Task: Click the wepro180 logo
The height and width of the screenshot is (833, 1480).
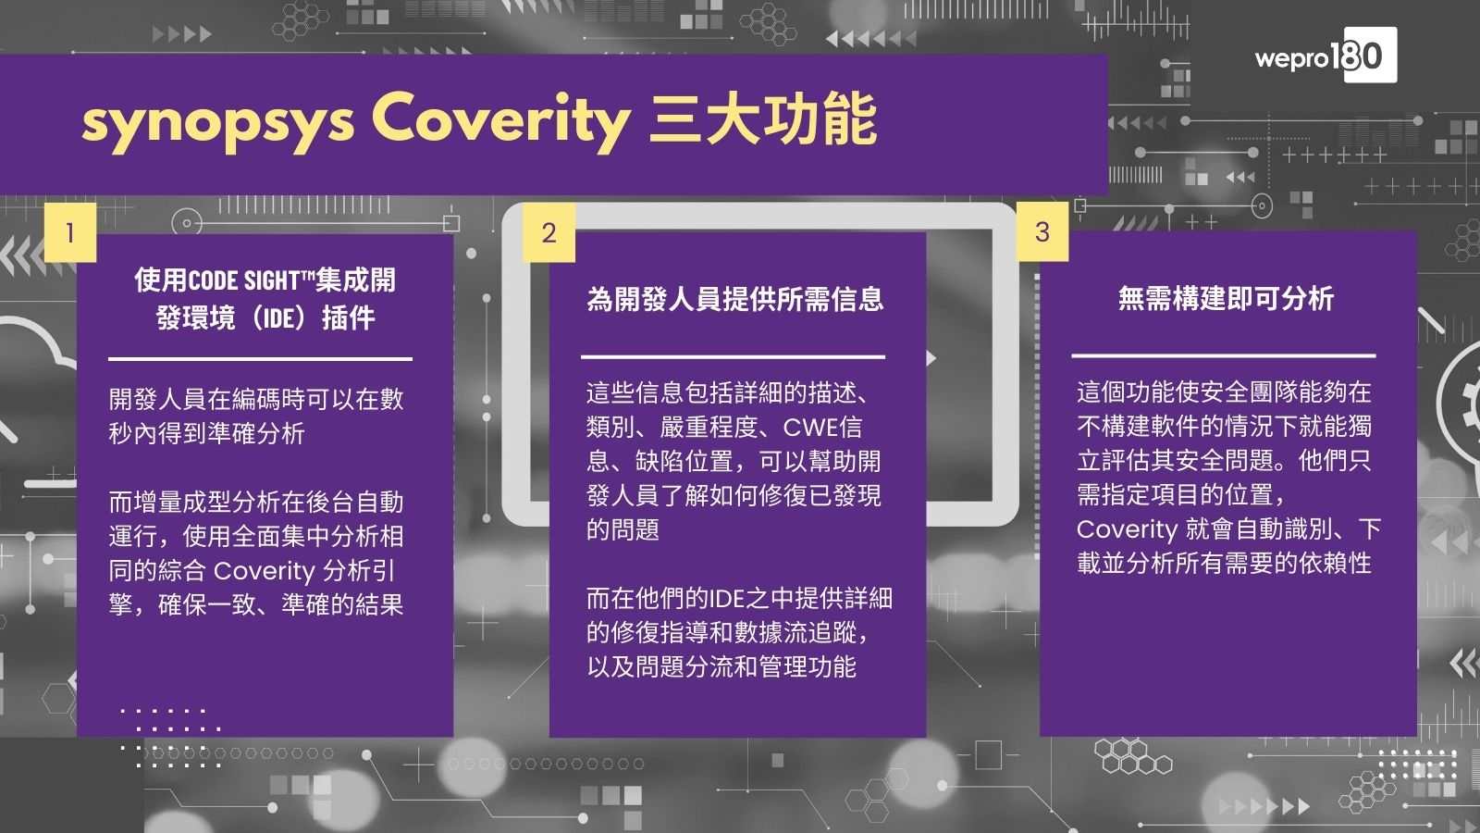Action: click(x=1325, y=56)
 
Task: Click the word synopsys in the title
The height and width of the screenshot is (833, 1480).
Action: click(x=217, y=121)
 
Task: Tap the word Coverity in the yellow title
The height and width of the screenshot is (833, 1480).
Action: click(x=499, y=121)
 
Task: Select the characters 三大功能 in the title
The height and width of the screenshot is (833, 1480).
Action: click(x=762, y=121)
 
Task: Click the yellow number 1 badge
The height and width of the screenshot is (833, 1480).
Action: click(x=69, y=231)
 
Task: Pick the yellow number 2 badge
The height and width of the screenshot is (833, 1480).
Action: click(x=549, y=232)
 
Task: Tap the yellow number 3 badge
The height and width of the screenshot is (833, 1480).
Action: click(x=1042, y=231)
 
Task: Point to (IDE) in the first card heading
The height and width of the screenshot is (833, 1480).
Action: click(x=279, y=318)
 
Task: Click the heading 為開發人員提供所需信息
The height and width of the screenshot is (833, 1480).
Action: click(x=734, y=299)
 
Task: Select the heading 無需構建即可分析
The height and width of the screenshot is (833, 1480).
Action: click(x=1226, y=298)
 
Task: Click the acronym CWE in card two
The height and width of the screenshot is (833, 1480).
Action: click(x=810, y=428)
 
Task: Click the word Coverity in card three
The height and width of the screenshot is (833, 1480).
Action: click(x=1127, y=529)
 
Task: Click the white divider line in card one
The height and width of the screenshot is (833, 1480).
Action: click(x=260, y=358)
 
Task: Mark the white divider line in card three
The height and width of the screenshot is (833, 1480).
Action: click(x=1223, y=354)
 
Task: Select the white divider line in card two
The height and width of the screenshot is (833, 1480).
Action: click(x=733, y=356)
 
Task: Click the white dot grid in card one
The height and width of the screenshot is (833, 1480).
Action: click(x=171, y=737)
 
